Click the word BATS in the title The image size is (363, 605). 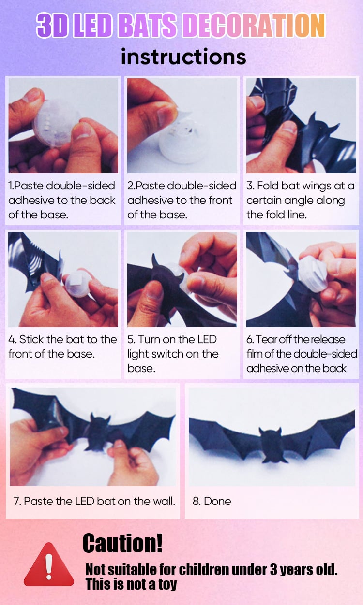[148, 25]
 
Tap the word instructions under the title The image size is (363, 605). [183, 57]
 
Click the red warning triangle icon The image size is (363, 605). [49, 564]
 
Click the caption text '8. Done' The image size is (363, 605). [212, 501]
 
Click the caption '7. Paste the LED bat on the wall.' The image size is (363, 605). [94, 501]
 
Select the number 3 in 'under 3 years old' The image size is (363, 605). [273, 570]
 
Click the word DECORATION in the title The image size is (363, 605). [254, 25]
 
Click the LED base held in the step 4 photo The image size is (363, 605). [78, 283]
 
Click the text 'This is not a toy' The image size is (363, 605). [131, 584]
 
